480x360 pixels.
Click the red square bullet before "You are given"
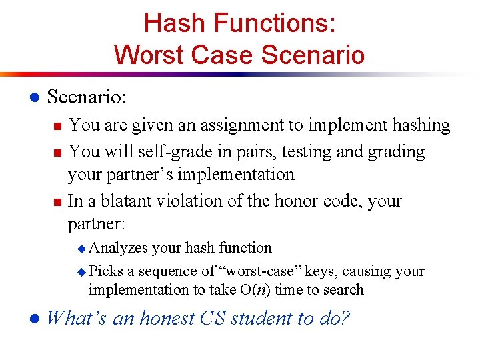[57, 126]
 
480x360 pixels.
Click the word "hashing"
[419, 125]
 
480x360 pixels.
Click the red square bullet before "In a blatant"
[57, 201]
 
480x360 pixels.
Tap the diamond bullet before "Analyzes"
[82, 249]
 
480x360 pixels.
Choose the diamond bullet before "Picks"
[82, 272]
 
